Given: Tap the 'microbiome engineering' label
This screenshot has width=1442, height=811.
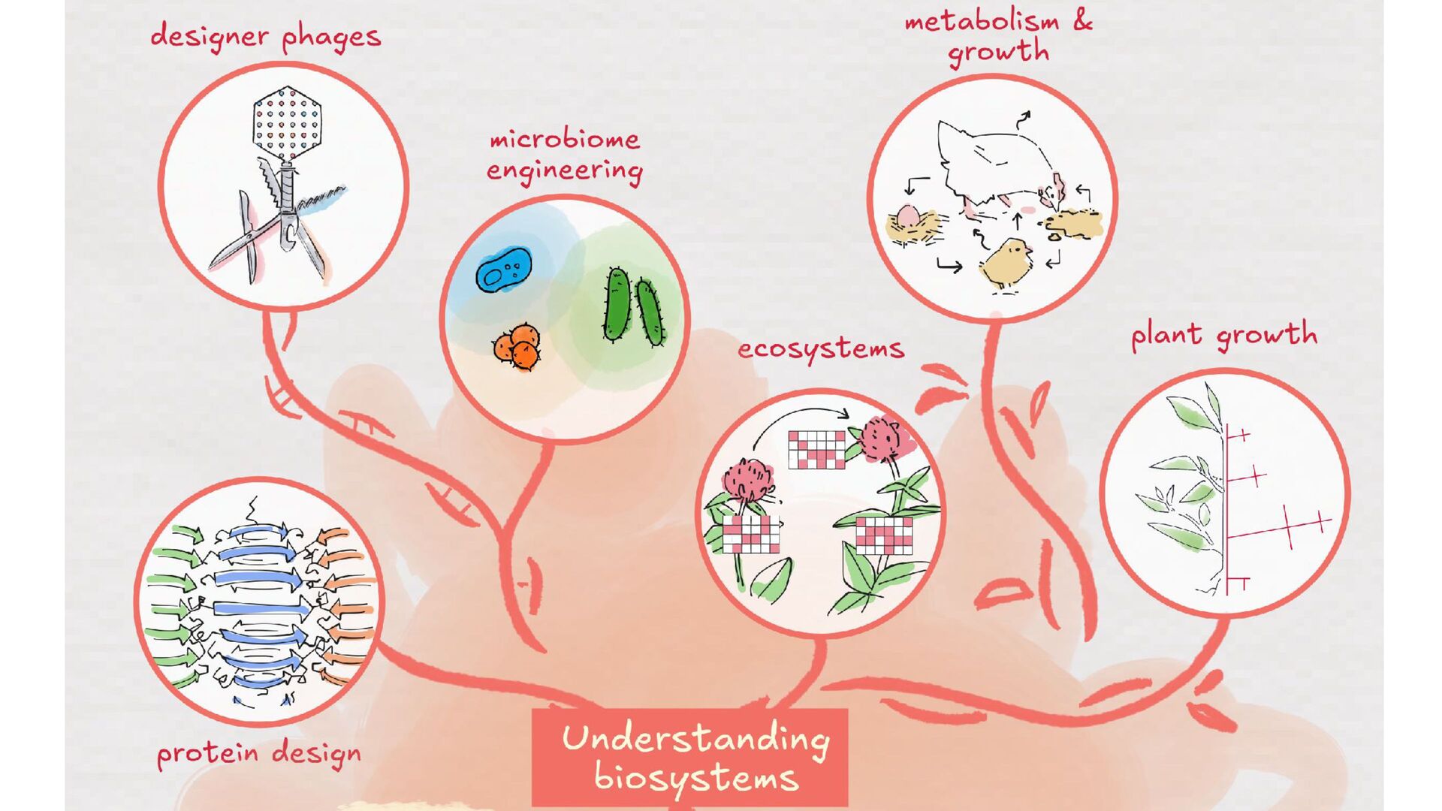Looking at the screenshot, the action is (564, 155).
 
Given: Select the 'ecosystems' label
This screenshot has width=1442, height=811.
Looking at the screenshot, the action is (820, 348).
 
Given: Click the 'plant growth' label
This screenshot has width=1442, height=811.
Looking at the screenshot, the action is (1223, 335).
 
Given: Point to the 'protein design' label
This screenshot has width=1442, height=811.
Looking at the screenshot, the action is (258, 753).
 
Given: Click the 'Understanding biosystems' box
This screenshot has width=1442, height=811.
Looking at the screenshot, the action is (689, 757).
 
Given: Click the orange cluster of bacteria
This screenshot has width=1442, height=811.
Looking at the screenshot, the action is (517, 347).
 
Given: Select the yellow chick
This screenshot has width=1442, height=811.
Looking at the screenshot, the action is (1006, 263).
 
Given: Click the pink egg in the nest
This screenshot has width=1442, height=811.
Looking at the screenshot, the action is (908, 216).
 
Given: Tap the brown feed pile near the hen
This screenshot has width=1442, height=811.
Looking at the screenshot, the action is (1071, 222).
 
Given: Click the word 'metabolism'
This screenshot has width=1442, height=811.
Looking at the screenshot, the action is (982, 21).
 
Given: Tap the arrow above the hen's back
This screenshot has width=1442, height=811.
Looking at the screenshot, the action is (1024, 119).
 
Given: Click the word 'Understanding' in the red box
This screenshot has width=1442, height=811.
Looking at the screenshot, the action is (695, 738).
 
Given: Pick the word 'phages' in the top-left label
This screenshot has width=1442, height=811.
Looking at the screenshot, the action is (331, 38).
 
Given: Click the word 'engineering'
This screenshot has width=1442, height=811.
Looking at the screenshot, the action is (564, 170).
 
